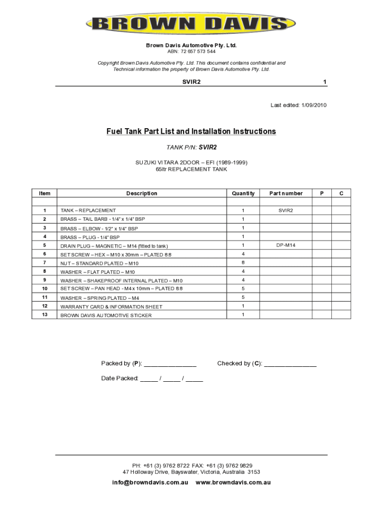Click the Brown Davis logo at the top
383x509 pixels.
pyautogui.click(x=191, y=23)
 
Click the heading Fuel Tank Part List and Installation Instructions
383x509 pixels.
pyautogui.click(x=191, y=132)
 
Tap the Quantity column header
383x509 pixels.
pyautogui.click(x=243, y=193)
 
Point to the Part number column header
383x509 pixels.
pyautogui.click(x=286, y=193)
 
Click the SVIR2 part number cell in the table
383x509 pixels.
pyautogui.click(x=286, y=210)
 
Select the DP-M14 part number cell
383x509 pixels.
pyautogui.click(x=286, y=245)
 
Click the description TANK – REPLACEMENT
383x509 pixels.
pyautogui.click(x=88, y=211)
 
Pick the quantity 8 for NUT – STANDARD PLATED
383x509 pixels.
pyautogui.click(x=243, y=262)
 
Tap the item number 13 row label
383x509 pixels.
pyautogui.click(x=44, y=315)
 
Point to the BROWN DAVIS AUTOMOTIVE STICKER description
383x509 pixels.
pyautogui.click(x=106, y=316)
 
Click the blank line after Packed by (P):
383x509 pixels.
pyautogui.click(x=171, y=364)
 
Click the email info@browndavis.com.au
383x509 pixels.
pyautogui.click(x=150, y=483)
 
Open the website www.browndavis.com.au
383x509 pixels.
pyautogui.click(x=233, y=483)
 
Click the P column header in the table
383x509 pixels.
pyautogui.click(x=321, y=193)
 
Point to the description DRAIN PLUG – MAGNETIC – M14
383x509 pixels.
pyautogui.click(x=114, y=246)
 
